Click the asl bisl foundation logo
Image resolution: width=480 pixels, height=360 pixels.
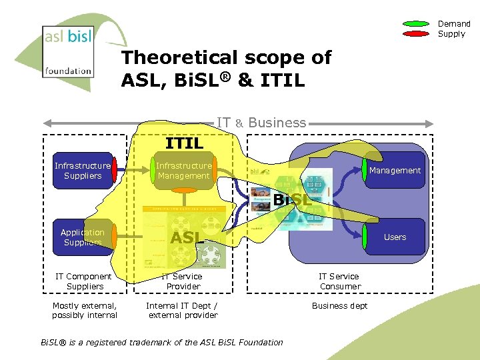click(x=68, y=51)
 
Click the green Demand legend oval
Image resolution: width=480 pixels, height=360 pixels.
click(x=417, y=24)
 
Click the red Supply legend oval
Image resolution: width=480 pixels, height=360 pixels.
click(x=417, y=33)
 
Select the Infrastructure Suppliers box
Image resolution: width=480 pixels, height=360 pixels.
click(x=83, y=171)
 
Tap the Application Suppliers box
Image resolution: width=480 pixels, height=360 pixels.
click(x=83, y=237)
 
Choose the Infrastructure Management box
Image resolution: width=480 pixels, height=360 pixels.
click(x=183, y=171)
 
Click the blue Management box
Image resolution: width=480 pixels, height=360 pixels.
click(x=395, y=171)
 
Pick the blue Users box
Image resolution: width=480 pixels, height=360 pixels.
click(x=395, y=237)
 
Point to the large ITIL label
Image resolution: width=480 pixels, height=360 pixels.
click(x=185, y=142)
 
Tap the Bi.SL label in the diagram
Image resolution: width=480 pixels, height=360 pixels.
click(x=292, y=199)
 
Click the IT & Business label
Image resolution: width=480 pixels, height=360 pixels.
click(x=261, y=123)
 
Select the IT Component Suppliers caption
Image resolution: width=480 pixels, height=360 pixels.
click(x=84, y=281)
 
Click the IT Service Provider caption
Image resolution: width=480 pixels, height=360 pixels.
click(x=183, y=281)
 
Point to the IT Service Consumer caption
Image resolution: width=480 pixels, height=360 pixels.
click(x=339, y=281)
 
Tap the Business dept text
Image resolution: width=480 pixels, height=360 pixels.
click(x=339, y=306)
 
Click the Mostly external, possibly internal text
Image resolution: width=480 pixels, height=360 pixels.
click(x=85, y=311)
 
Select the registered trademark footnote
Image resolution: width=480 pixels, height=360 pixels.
click(x=162, y=343)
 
